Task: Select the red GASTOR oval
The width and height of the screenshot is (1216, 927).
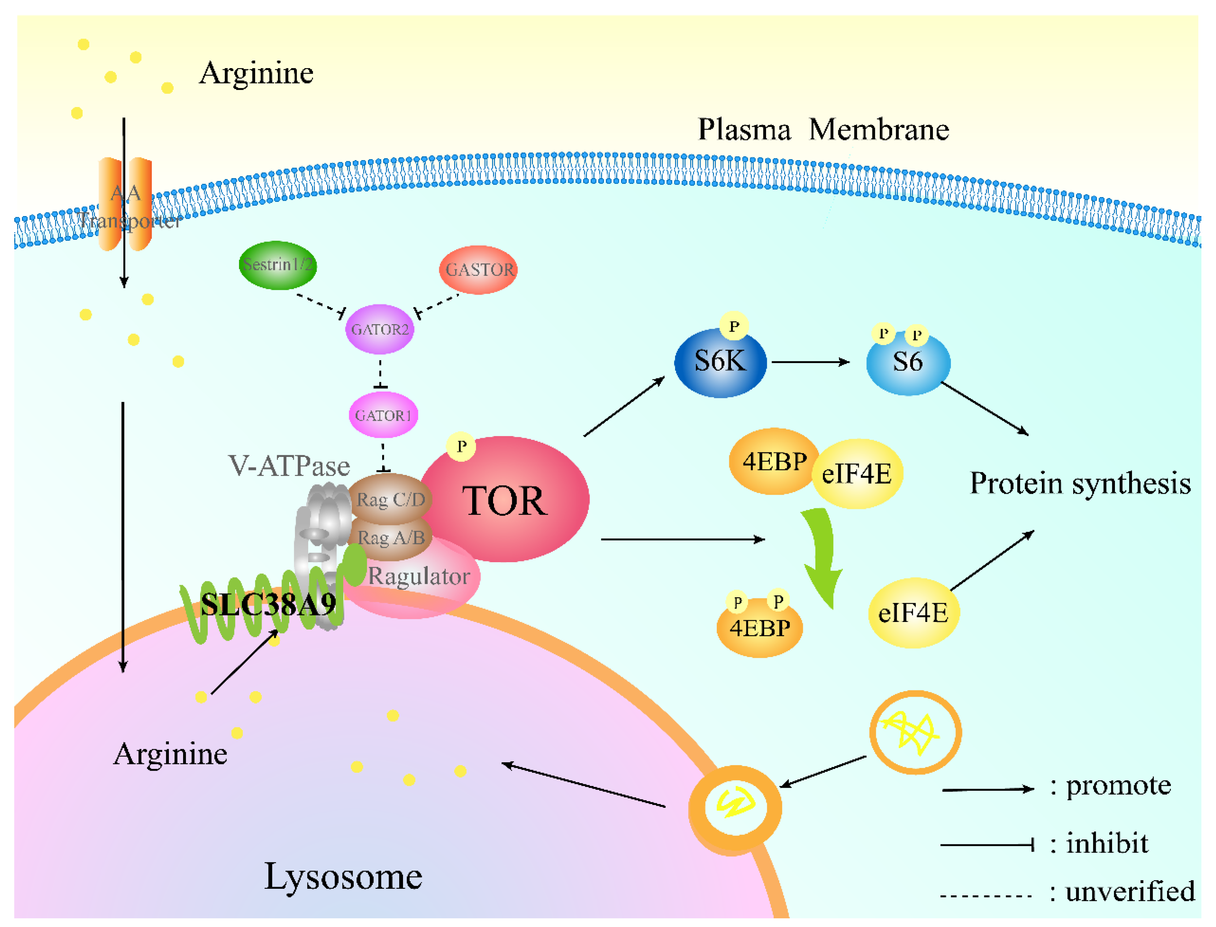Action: (478, 270)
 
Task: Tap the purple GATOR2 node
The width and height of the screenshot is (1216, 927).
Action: (380, 329)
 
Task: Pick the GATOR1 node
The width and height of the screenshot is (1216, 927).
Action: (383, 415)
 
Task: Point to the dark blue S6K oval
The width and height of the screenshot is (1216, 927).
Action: (720, 362)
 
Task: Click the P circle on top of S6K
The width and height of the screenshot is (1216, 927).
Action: (733, 326)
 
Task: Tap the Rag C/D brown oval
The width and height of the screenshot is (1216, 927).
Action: (391, 499)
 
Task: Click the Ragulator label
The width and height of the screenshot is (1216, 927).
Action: (419, 576)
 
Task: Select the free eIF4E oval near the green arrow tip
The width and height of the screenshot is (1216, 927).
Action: (913, 613)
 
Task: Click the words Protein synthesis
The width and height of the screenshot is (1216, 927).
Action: (1080, 483)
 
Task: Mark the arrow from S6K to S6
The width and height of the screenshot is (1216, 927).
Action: (810, 362)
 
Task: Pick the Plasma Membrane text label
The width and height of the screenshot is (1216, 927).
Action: (823, 130)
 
